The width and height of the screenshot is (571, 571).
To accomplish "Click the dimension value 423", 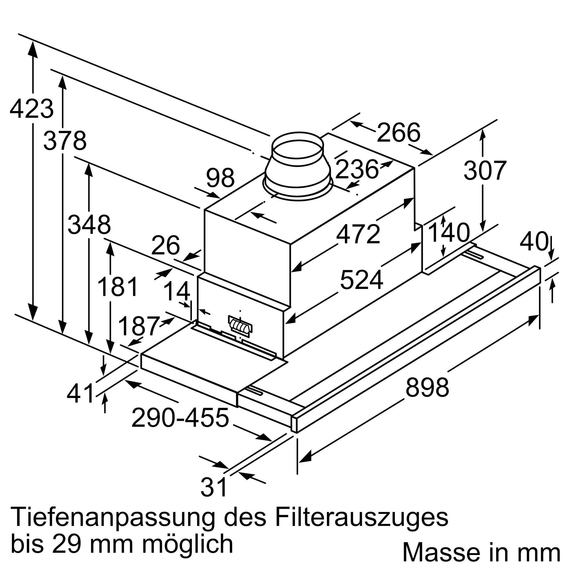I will coord(32,109).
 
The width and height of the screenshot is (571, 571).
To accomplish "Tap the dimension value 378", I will coord(65,141).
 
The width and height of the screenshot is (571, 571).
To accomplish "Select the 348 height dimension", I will coord(89,225).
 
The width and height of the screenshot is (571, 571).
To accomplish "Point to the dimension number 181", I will coord(118,287).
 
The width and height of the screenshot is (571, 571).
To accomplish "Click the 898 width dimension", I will coord(427,387).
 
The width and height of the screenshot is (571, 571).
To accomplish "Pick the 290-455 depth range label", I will coord(180,418).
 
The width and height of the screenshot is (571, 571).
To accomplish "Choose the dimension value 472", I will coord(358,234).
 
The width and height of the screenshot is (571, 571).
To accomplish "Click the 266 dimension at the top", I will coord(398,133).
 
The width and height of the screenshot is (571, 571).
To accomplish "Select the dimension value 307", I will coord(485,170).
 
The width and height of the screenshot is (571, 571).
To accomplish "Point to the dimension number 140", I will coord(449,233).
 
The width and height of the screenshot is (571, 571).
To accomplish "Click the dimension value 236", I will coord(357,170).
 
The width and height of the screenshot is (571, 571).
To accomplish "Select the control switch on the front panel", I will coord(240,326).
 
